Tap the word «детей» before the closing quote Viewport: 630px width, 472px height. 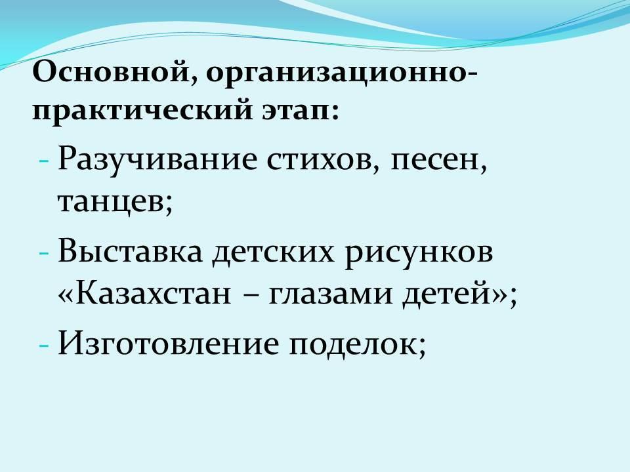click(x=449, y=294)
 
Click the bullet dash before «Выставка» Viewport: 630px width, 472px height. click(x=44, y=254)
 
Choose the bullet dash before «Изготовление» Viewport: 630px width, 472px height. click(x=44, y=345)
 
